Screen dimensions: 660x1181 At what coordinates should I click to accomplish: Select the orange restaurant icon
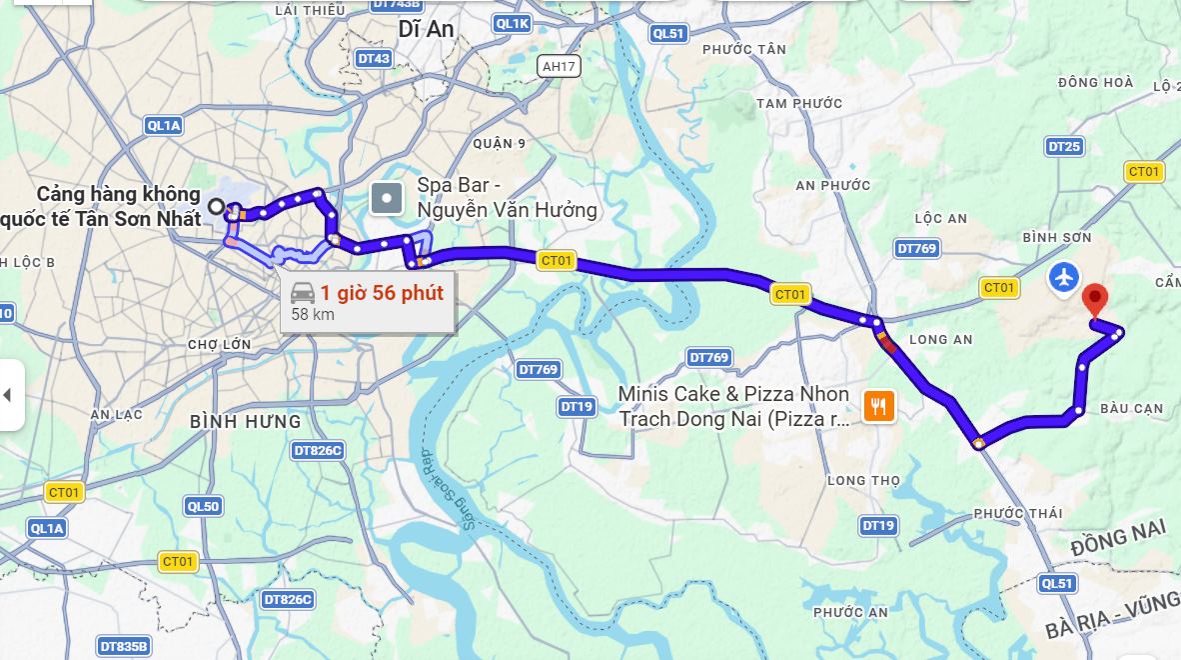click(880, 405)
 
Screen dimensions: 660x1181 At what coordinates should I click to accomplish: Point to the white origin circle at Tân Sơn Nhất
click(217, 207)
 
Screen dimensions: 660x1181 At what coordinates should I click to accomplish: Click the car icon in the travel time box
click(303, 293)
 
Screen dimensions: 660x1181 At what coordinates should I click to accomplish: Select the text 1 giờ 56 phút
click(382, 293)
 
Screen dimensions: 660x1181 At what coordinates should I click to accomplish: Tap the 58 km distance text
click(313, 315)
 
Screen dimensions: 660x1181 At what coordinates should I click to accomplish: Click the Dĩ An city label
click(426, 30)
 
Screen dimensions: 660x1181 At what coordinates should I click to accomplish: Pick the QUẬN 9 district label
click(500, 144)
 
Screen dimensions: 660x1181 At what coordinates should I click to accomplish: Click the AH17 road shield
click(558, 67)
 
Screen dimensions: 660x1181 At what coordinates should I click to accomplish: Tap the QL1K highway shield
click(513, 23)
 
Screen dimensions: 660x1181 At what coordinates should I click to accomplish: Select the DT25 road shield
click(1064, 147)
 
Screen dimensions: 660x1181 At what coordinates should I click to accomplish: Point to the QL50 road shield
click(204, 507)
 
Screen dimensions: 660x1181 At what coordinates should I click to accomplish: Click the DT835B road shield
click(125, 647)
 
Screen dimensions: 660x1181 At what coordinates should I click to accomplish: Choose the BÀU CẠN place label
click(1131, 409)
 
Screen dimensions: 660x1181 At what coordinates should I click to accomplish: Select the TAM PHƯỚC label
click(799, 103)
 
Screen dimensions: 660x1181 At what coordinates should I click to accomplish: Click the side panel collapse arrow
click(8, 395)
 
